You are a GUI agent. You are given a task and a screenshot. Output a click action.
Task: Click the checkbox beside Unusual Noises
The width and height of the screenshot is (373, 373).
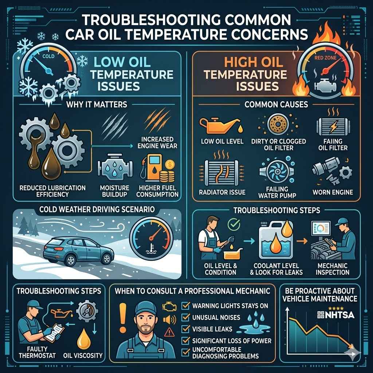click(185, 318)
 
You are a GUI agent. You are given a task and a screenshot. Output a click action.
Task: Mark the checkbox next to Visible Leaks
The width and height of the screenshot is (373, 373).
click(185, 329)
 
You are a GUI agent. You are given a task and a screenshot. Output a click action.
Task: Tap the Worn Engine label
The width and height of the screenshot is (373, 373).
click(332, 192)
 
